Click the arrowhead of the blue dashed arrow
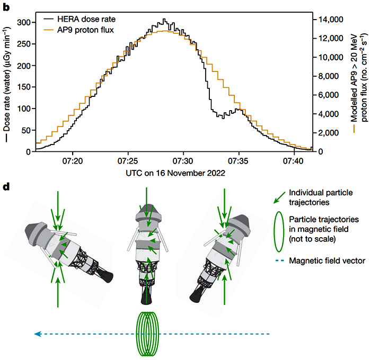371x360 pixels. [36, 334]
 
